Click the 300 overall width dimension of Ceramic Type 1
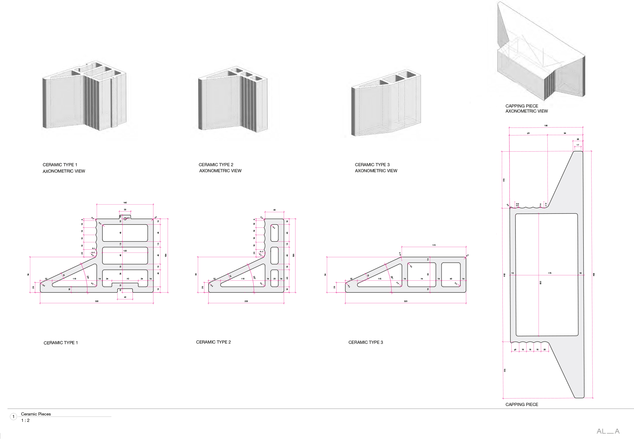(97, 301)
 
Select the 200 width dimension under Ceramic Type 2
(246, 301)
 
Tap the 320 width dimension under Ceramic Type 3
(405, 301)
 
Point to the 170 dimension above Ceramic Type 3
(434, 245)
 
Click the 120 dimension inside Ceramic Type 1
(125, 251)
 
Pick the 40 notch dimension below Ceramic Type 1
(125, 297)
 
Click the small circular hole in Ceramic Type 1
(125, 219)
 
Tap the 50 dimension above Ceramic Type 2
(275, 210)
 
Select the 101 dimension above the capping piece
(528, 133)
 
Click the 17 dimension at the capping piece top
(578, 145)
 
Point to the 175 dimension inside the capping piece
(549, 273)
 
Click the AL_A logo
(608, 431)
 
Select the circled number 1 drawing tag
(13, 416)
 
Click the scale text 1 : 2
(25, 420)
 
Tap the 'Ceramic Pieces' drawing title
(36, 414)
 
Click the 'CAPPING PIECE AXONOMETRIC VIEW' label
(526, 108)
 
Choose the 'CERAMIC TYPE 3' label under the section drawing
(366, 342)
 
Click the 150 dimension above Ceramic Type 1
(125, 202)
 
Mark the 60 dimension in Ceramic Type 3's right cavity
(451, 279)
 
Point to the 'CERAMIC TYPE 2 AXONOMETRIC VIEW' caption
(220, 167)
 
